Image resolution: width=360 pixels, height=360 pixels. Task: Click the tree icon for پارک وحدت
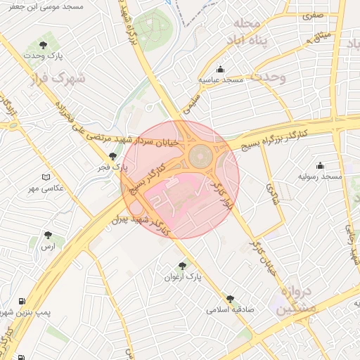pyautogui.click(x=44, y=45)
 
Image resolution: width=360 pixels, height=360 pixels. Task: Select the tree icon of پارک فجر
pyautogui.click(x=112, y=156)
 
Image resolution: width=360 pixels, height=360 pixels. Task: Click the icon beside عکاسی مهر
pyautogui.click(x=46, y=177)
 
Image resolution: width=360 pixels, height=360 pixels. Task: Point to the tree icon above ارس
pyautogui.click(x=47, y=236)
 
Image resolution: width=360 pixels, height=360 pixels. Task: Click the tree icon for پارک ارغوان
pyautogui.click(x=183, y=266)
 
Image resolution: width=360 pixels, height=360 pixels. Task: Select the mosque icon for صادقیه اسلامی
pyautogui.click(x=230, y=299)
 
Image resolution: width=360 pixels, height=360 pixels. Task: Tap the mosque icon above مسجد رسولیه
pyautogui.click(x=321, y=166)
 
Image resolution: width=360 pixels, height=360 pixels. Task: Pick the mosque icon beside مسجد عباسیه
pyautogui.click(x=221, y=70)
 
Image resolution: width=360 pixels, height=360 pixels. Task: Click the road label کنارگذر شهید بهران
pyautogui.click(x=141, y=224)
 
